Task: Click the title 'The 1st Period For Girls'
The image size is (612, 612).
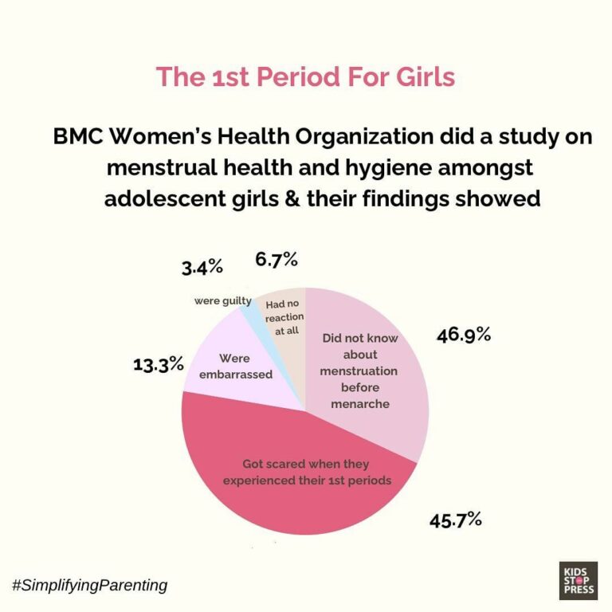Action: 305,76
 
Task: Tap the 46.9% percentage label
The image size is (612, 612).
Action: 463,335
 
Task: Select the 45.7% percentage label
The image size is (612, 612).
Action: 455,520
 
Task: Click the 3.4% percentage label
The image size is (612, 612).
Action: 202,268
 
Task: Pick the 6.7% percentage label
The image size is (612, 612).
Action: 277,259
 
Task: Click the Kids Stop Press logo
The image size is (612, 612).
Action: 578,580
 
